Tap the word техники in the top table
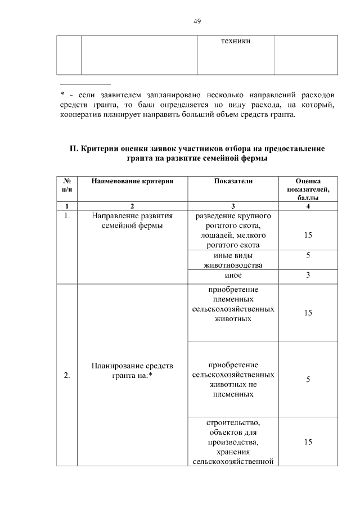click(236, 42)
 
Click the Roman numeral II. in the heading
click(73, 148)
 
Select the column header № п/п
click(67, 186)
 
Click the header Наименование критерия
click(132, 182)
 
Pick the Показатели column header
click(233, 182)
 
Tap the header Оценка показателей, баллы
click(308, 190)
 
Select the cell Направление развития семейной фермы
click(132, 221)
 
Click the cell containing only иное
click(233, 276)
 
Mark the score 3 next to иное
click(308, 276)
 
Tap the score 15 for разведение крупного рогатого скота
click(308, 235)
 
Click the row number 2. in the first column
click(67, 376)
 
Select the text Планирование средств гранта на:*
click(132, 371)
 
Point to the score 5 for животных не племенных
click(308, 380)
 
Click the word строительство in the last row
click(233, 422)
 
